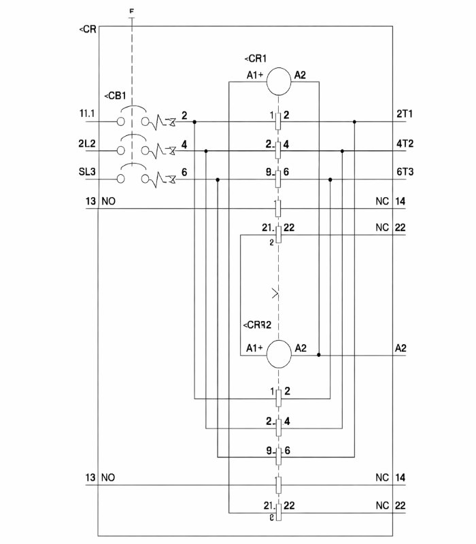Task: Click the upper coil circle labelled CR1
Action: [x=278, y=82]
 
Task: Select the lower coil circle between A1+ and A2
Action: [x=278, y=354]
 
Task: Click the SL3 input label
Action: [x=87, y=173]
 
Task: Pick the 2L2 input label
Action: [x=87, y=144]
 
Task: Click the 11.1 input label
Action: [x=87, y=116]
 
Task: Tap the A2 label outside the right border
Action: [x=401, y=348]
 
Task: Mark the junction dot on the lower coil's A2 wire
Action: [x=319, y=355]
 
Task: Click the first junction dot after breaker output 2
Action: [x=194, y=122]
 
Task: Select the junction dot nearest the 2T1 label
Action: [x=354, y=122]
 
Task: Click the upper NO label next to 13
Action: [x=108, y=202]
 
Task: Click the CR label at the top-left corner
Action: [x=88, y=31]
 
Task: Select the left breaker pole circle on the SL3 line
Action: [x=120, y=180]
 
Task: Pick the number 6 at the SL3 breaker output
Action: [x=184, y=173]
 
